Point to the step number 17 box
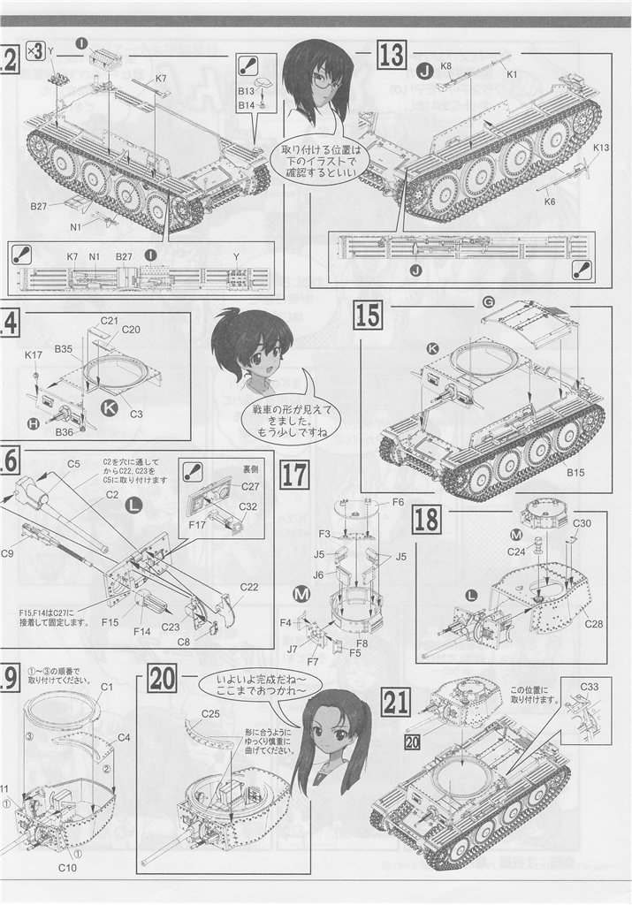293,476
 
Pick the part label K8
445,65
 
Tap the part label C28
570,625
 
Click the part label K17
34,354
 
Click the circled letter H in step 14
33,424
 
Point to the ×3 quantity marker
35,50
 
